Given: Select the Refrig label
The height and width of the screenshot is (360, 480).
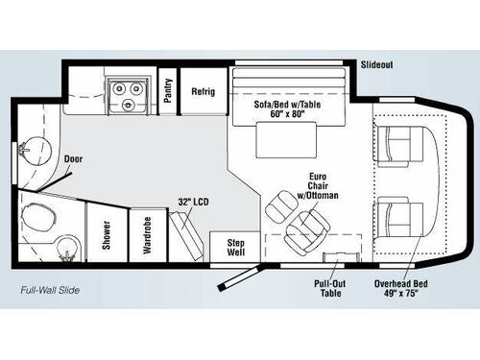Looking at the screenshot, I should pos(203,92).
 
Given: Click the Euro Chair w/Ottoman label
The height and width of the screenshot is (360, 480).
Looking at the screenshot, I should pos(323,185).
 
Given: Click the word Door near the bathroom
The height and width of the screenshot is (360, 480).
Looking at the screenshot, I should pos(74,158).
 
